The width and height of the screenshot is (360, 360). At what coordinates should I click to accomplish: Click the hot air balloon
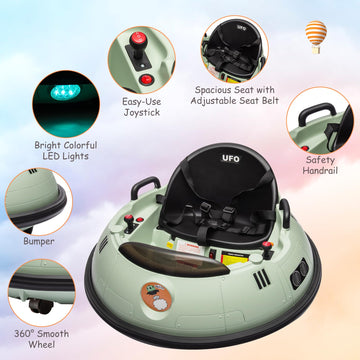point(316,33)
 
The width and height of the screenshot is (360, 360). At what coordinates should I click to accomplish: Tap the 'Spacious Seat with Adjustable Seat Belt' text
point(231,94)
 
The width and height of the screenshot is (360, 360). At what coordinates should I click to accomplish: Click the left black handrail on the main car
point(141,187)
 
